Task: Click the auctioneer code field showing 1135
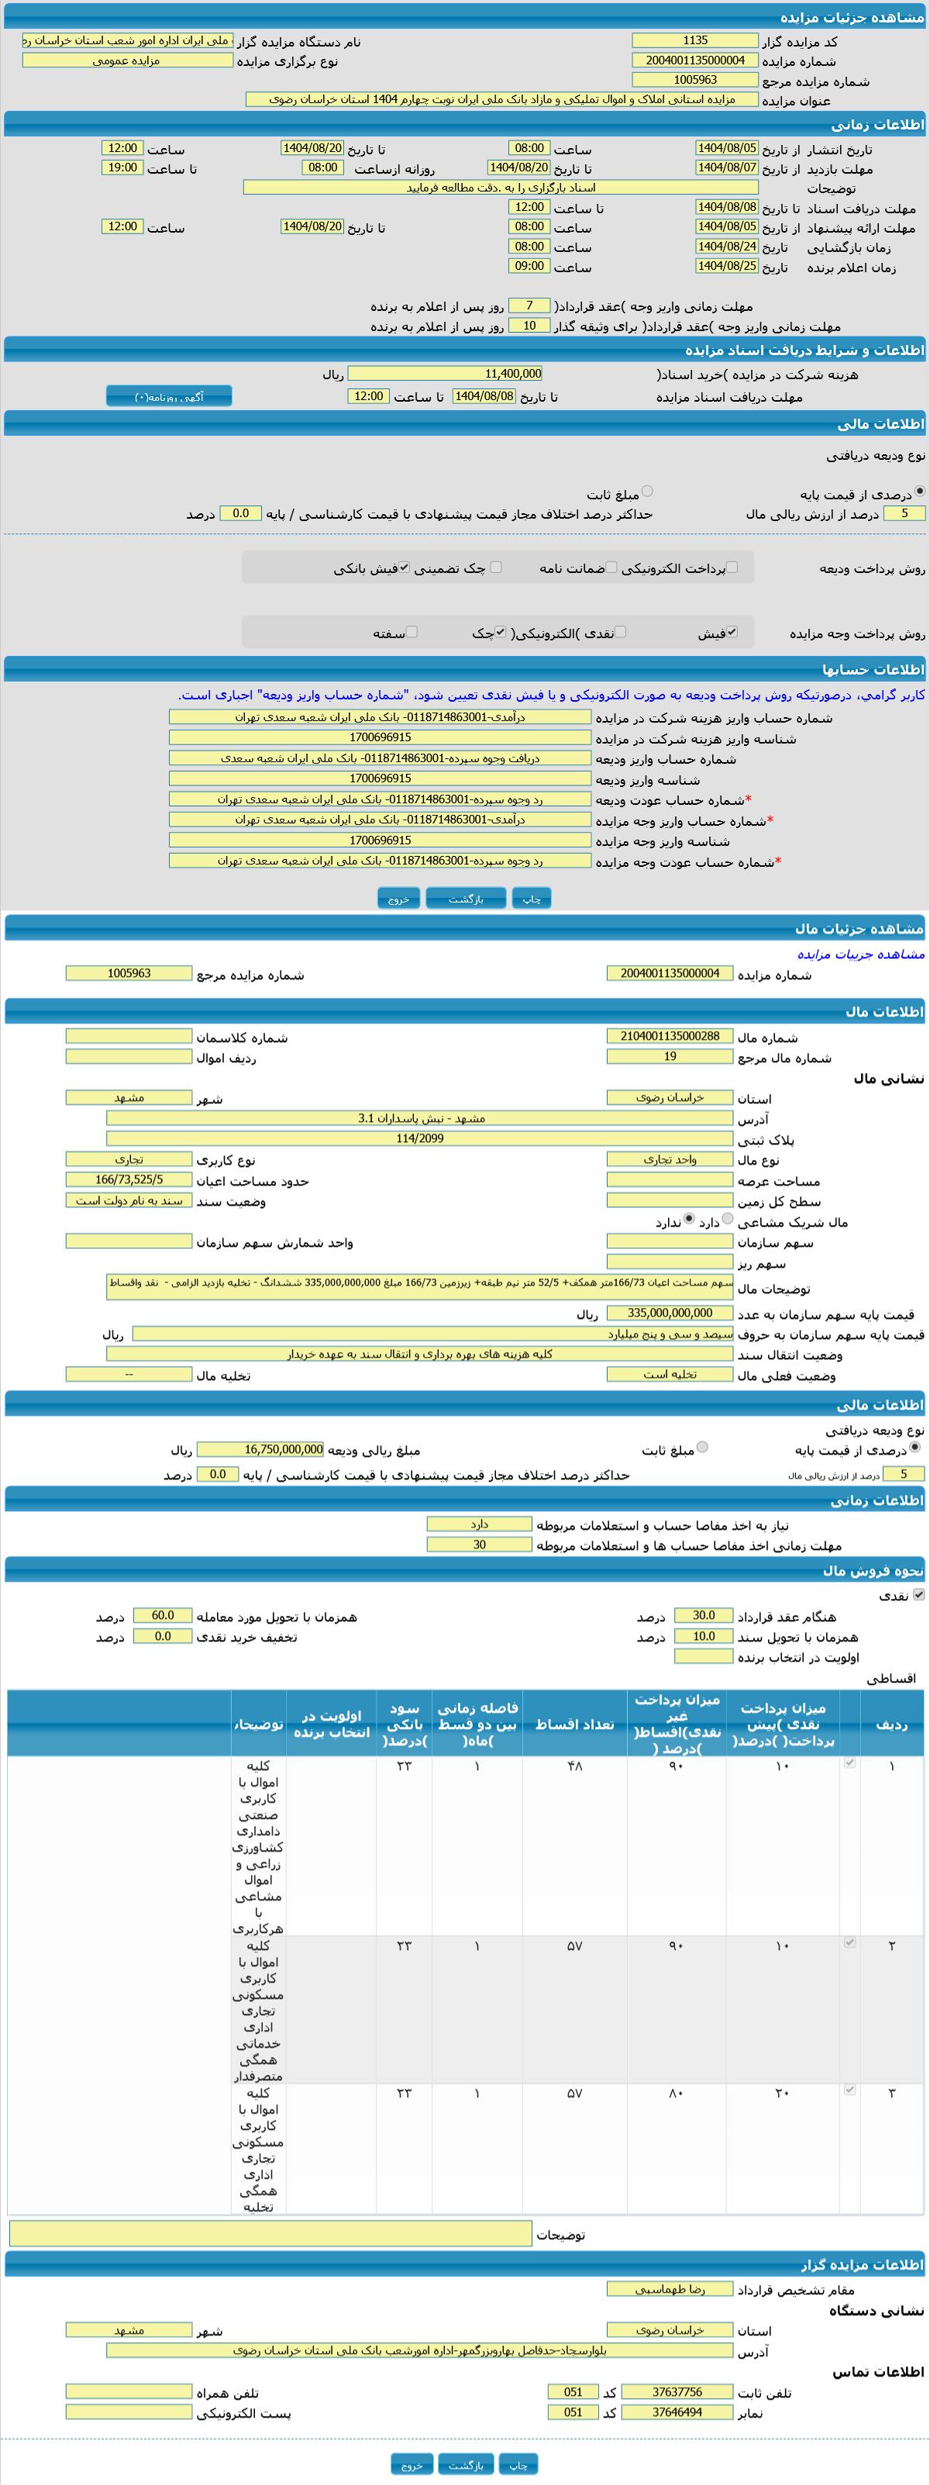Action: (694, 40)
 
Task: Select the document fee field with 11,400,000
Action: (445, 373)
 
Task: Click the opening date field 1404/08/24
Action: (726, 246)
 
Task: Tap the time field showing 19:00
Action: (122, 167)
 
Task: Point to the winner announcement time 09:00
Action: (529, 266)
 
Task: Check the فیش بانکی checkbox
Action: (405, 568)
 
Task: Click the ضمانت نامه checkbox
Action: (611, 568)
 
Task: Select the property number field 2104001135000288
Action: (670, 1036)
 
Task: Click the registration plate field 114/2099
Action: (419, 1138)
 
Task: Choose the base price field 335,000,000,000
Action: (670, 1313)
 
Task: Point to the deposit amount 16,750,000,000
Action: (260, 1449)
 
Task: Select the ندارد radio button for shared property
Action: (689, 1220)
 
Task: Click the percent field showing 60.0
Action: (162, 1615)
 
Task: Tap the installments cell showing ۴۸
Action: (574, 1765)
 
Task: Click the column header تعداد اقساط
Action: (574, 1725)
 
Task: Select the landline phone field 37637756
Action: (677, 2391)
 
